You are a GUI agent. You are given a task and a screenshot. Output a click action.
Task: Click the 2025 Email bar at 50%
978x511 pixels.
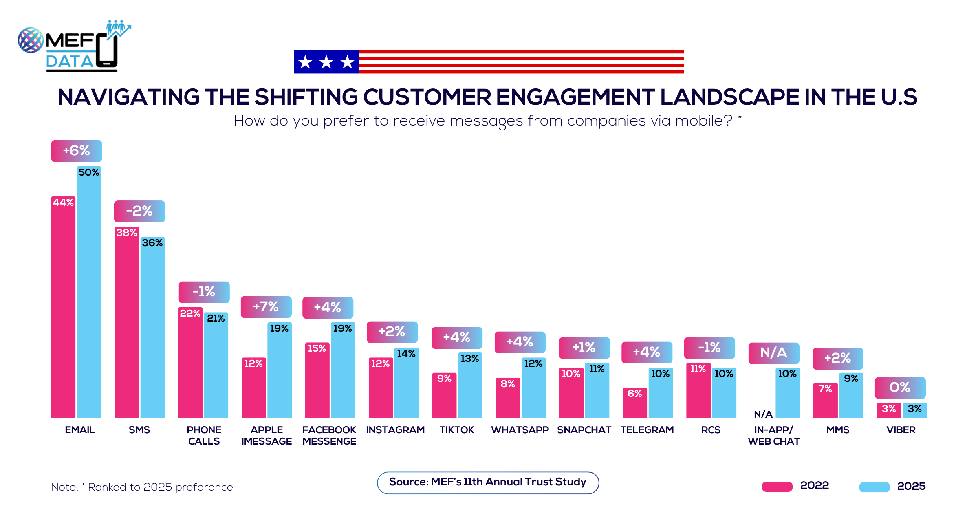(89, 293)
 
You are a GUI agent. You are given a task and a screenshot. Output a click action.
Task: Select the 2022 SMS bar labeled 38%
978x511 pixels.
(127, 322)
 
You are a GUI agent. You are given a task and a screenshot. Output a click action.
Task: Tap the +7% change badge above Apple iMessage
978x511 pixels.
(266, 307)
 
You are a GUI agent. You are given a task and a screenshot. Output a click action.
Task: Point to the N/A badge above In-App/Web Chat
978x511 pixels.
(773, 353)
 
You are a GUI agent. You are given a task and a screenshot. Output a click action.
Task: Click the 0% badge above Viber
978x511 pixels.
(900, 388)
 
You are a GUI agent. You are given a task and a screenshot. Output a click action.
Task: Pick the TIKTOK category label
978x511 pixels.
(457, 430)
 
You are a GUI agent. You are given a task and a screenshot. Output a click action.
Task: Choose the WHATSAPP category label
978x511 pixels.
(520, 430)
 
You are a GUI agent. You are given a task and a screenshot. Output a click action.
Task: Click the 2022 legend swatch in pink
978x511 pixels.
(777, 487)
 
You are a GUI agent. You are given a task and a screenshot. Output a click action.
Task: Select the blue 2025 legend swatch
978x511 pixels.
(874, 487)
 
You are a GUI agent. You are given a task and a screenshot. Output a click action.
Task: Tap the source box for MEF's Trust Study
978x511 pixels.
(488, 482)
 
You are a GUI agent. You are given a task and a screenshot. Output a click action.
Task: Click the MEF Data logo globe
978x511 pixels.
(31, 40)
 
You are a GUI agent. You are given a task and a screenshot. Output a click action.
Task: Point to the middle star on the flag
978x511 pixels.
(326, 62)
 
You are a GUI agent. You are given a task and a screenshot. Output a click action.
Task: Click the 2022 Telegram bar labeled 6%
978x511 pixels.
(634, 403)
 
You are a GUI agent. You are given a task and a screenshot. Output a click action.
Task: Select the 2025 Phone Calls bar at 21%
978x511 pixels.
(216, 367)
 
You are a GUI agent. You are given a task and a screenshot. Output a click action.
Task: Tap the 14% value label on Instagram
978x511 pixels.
(406, 354)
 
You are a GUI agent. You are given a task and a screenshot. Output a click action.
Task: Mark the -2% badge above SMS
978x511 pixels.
(139, 211)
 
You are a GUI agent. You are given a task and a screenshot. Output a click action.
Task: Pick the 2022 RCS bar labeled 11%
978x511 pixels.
(698, 391)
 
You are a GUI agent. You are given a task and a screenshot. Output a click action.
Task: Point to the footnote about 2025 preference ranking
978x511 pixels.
(142, 487)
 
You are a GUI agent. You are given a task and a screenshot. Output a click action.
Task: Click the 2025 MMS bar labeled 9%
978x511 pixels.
(851, 397)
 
